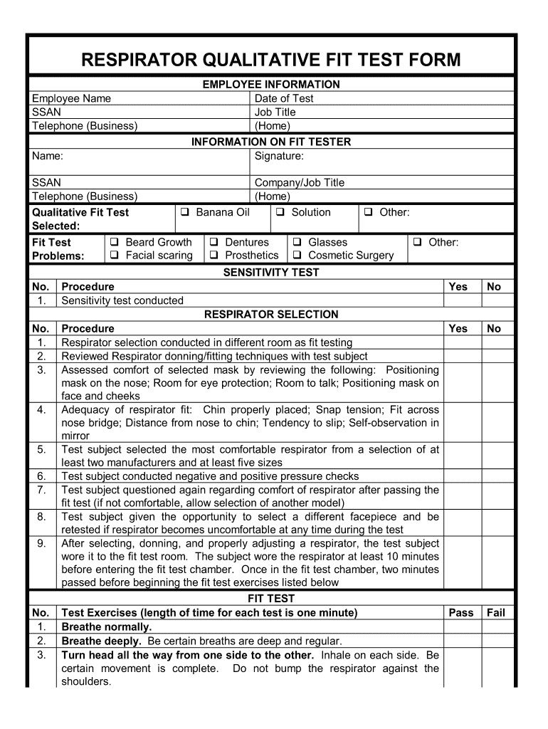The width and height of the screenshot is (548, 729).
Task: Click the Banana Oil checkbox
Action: pos(184,213)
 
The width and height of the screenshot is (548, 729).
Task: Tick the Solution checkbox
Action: pos(280,213)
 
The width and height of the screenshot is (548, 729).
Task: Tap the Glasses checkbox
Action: pos(297,243)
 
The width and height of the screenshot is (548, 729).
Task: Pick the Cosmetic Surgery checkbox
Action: pos(297,256)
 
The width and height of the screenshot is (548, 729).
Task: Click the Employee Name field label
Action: pos(71,98)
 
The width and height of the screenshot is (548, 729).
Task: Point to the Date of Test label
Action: pos(284,98)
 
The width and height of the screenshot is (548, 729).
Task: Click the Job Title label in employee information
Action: pos(275,112)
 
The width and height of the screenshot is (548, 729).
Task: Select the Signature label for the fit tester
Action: pos(279,155)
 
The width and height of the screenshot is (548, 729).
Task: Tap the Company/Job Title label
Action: pos(299,182)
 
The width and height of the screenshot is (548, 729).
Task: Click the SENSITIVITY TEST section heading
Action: pos(271,272)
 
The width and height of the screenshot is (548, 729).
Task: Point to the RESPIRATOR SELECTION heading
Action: pos(271,314)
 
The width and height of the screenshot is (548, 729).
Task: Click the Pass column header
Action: pos(460,612)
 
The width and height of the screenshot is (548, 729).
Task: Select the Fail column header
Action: pos(495,612)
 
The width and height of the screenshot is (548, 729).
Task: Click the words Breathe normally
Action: pos(107,626)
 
